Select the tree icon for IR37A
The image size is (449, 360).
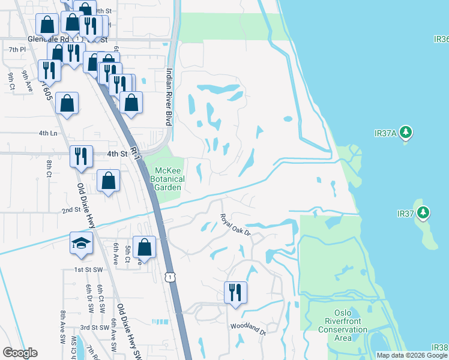click(x=406, y=131)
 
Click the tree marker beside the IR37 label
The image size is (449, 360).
click(x=423, y=212)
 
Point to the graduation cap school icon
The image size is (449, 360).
click(x=81, y=242)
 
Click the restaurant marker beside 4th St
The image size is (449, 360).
click(x=80, y=157)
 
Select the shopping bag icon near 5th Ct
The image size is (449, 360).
click(x=145, y=247)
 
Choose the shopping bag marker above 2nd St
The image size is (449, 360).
click(x=108, y=180)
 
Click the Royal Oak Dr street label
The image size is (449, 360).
click(x=234, y=225)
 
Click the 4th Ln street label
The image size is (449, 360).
click(x=48, y=133)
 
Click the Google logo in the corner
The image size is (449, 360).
click(x=20, y=353)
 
